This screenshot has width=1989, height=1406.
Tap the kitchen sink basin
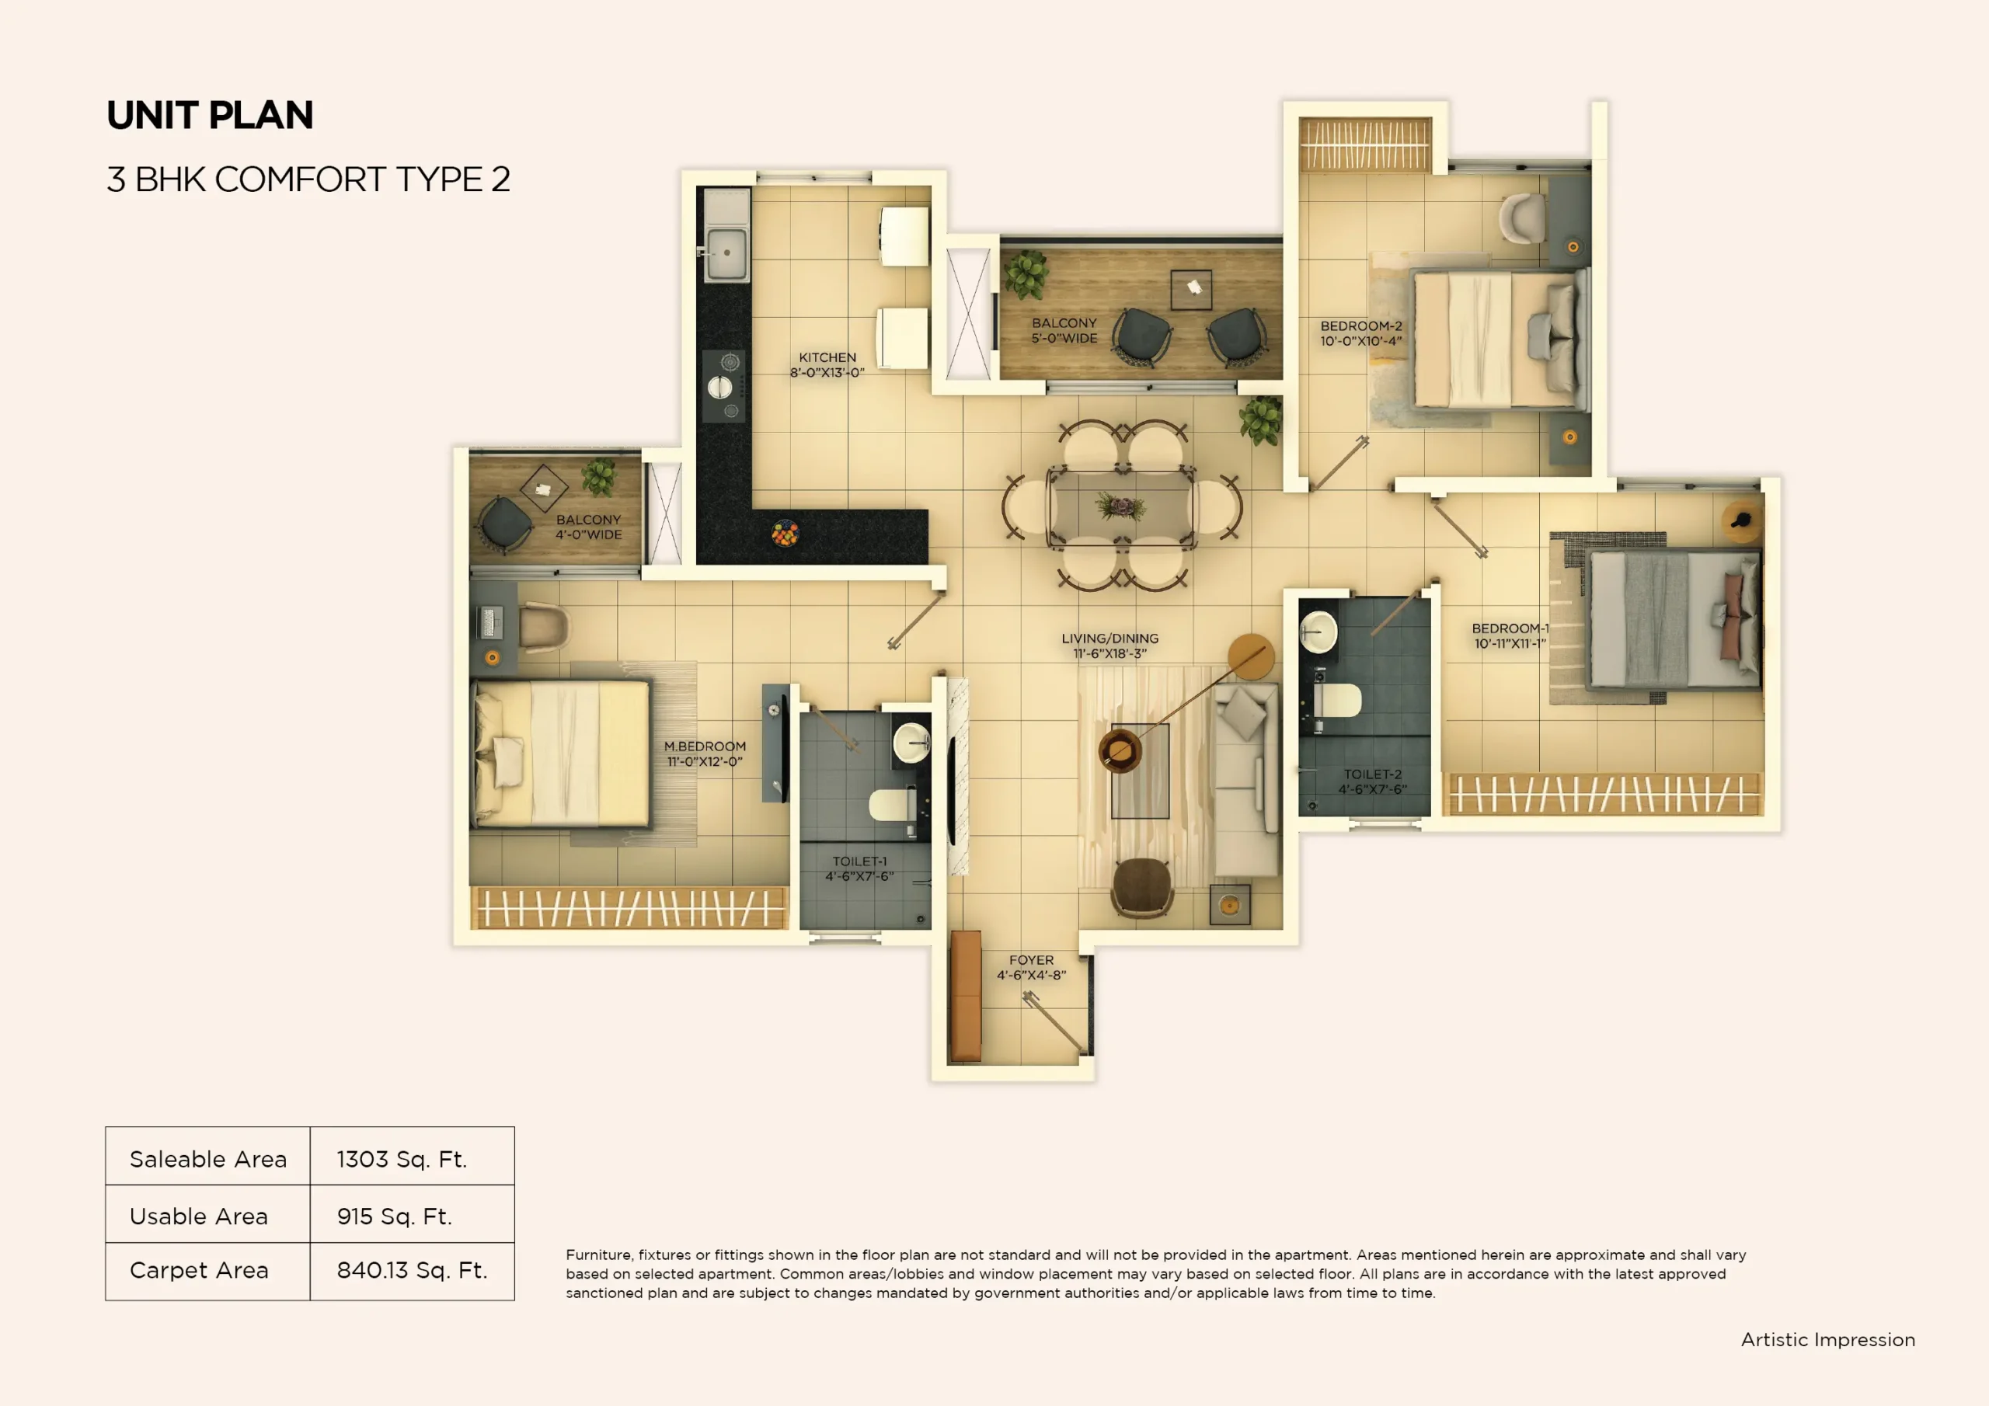[x=726, y=253]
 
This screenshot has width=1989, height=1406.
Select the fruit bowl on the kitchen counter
[x=785, y=533]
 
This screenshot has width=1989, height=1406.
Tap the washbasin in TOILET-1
[x=911, y=742]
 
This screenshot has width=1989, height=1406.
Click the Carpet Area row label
[x=199, y=1270]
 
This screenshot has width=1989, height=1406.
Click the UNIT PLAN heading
[x=210, y=115]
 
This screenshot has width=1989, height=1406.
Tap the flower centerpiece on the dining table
[x=1120, y=506]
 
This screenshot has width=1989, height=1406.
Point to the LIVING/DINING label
[x=1109, y=646]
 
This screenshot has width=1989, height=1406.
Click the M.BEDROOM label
[x=704, y=753]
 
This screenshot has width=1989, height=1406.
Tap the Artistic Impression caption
[x=1828, y=1339]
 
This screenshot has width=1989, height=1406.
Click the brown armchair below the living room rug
[x=1142, y=885]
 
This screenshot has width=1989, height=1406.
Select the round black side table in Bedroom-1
[x=1741, y=520]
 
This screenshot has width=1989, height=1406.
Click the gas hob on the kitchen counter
[x=724, y=386]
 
